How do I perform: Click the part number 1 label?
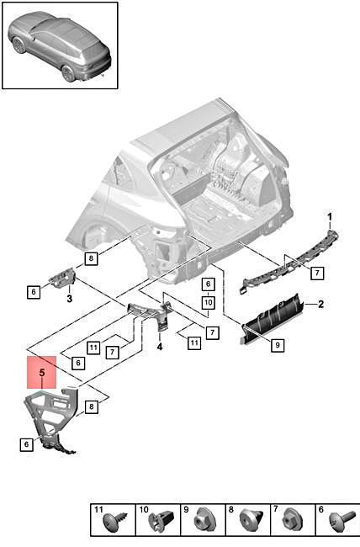(x=330, y=217)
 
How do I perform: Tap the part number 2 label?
(x=320, y=304)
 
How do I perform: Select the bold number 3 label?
(x=70, y=299)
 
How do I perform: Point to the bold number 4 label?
(x=160, y=347)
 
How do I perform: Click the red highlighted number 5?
(x=42, y=373)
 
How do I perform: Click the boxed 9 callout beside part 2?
(x=278, y=345)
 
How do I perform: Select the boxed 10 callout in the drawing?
(x=209, y=302)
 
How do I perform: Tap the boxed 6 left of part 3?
(x=34, y=291)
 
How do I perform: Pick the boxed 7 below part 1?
(x=317, y=273)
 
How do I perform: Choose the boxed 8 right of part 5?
(x=92, y=406)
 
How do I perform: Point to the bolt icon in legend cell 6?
(x=342, y=522)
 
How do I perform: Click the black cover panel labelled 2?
(x=272, y=319)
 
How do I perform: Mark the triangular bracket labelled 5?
(x=51, y=419)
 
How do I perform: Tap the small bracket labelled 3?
(x=62, y=279)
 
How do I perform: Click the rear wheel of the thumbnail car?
(x=68, y=73)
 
